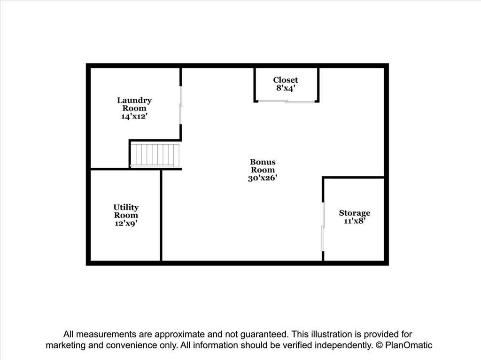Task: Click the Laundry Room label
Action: point(134,104)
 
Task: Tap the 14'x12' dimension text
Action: point(134,116)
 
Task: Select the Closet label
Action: point(286,80)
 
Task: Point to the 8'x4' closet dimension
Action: point(286,88)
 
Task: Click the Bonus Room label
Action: point(263,166)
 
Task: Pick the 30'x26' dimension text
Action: point(263,178)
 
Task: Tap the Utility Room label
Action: point(126,211)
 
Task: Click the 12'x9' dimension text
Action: point(126,223)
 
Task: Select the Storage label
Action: point(355,213)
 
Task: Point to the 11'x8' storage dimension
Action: point(355,221)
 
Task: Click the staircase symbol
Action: point(155,155)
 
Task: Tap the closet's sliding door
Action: point(286,101)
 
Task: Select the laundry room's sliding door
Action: point(181,105)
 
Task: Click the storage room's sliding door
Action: point(323,227)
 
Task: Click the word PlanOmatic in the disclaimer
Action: point(409,345)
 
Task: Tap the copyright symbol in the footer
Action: point(379,345)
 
